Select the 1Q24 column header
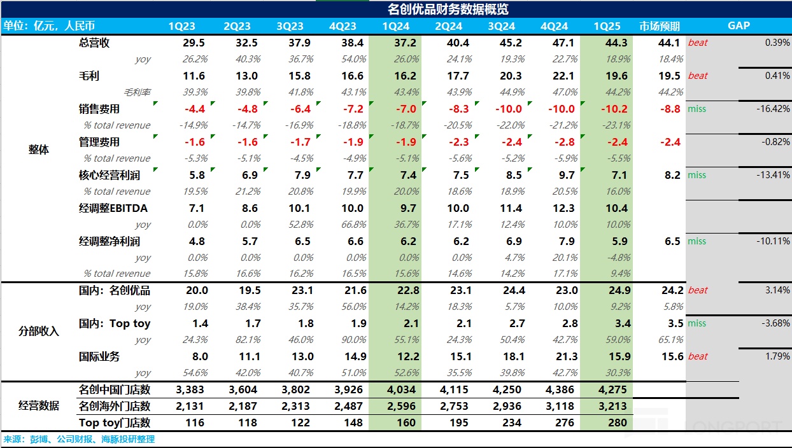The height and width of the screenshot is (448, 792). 395,26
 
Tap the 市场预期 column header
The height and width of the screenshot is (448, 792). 660,26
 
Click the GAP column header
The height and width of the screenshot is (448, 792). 739,26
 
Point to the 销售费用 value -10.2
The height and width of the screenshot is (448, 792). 611,109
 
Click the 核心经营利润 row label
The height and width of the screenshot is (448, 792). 108,175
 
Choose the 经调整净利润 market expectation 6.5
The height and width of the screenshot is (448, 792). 672,241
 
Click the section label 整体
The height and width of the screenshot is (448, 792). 38,150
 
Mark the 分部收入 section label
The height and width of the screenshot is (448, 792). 38,332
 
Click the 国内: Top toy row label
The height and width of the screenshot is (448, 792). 115,323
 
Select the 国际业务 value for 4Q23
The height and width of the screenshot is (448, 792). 351,356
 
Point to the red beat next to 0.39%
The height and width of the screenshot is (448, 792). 698,43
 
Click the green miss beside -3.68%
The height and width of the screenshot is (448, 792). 697,323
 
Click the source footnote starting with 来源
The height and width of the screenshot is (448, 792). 79,439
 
